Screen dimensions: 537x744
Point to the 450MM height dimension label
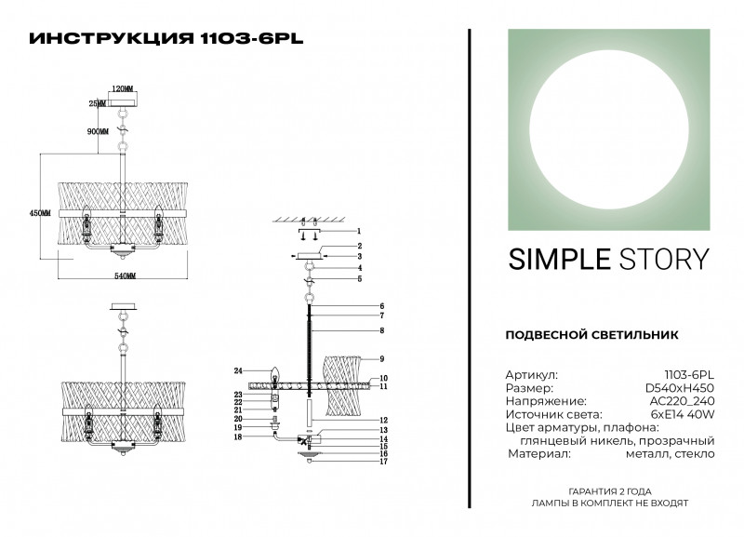tap(39, 213)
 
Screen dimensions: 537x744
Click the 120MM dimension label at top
tap(123, 87)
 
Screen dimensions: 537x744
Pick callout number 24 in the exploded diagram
tap(238, 371)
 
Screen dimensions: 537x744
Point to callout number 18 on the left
tap(238, 436)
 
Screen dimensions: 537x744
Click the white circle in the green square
tap(609, 128)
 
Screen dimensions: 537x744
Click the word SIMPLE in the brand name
tap(557, 259)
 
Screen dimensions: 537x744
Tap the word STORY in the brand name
tap(663, 259)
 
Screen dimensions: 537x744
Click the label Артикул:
tap(532, 372)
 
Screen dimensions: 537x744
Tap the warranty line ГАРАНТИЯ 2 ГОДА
tap(609, 490)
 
